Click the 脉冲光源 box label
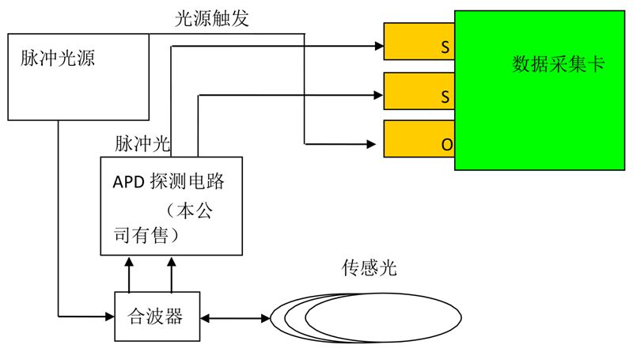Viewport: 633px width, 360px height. click(x=57, y=59)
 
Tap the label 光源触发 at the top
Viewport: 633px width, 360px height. click(x=211, y=20)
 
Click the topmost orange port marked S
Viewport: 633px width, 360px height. click(x=419, y=41)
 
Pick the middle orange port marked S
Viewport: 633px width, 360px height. click(x=419, y=91)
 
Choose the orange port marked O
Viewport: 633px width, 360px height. click(x=419, y=139)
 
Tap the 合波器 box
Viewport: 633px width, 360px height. click(x=155, y=317)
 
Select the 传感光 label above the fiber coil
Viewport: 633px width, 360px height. click(x=363, y=268)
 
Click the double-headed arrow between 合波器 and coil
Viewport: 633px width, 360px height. click(x=235, y=318)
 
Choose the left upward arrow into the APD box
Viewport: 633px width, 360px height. click(x=129, y=262)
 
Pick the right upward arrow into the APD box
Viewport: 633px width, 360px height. click(x=171, y=262)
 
